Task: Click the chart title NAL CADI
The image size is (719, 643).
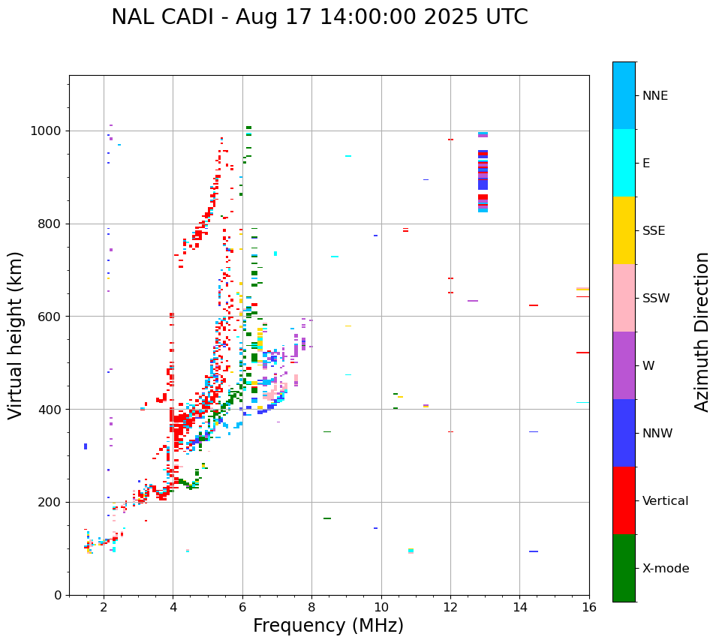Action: tap(319, 17)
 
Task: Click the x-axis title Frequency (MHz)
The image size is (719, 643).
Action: tap(328, 626)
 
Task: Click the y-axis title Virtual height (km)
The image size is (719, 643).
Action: tap(16, 335)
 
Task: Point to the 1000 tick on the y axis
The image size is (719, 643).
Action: tap(49, 131)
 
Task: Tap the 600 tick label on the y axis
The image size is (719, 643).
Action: tap(52, 317)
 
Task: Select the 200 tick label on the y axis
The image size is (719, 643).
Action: tap(52, 503)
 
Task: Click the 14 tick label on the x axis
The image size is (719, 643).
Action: tap(519, 608)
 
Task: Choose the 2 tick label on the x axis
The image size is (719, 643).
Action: tap(104, 608)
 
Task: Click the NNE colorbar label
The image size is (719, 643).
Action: tap(654, 96)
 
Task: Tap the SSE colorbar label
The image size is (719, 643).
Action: tap(653, 231)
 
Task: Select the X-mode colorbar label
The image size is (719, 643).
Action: tap(665, 569)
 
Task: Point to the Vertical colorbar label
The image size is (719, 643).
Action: tap(665, 501)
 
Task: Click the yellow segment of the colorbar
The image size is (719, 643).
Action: tap(624, 230)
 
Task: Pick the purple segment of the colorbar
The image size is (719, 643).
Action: tap(624, 365)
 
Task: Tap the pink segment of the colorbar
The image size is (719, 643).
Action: tap(624, 298)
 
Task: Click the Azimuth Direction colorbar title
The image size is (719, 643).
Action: tap(702, 332)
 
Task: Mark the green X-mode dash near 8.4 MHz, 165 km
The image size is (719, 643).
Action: tap(327, 518)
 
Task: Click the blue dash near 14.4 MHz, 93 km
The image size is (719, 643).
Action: tap(534, 551)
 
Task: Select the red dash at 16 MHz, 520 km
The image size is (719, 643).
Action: tap(582, 353)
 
